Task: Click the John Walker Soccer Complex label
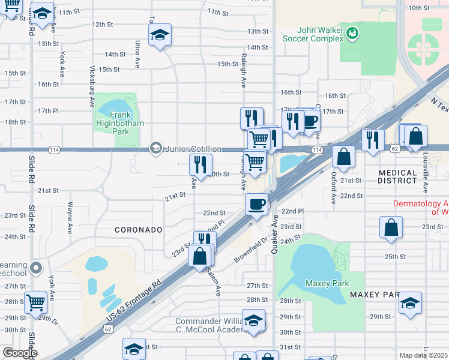313,36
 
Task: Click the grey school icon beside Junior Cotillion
156,148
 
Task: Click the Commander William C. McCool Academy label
206,325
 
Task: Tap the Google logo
20,353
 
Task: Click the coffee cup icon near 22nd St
256,204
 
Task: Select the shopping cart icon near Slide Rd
37,303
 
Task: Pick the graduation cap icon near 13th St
160,35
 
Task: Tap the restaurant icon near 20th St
200,164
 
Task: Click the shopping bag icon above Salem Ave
200,256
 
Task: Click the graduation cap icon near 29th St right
411,303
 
